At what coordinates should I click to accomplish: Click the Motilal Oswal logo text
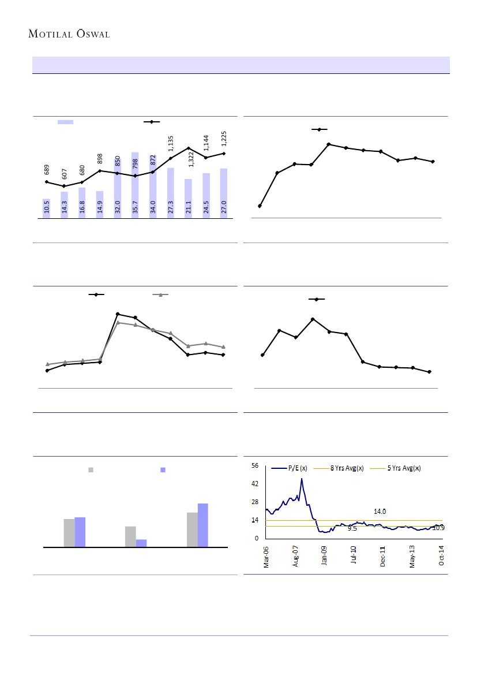(69, 34)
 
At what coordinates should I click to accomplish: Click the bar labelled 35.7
(135, 185)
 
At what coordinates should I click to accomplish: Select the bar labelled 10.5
(46, 208)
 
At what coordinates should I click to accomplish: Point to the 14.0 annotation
(380, 512)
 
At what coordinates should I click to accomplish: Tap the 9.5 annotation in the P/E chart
(352, 528)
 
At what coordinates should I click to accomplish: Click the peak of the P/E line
(301, 479)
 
